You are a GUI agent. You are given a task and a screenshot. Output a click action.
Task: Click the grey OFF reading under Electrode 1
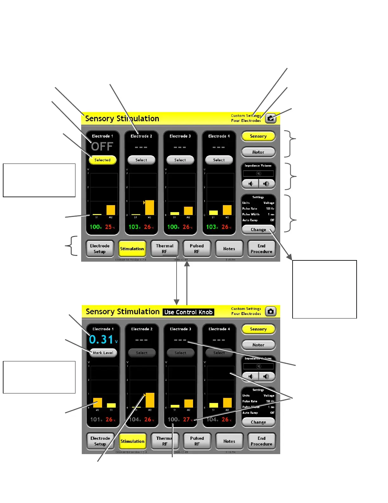coord(102,146)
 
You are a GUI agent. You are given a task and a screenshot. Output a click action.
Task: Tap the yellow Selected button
coord(102,160)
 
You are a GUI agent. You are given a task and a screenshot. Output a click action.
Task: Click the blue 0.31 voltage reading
coord(101,339)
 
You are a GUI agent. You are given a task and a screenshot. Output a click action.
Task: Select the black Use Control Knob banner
coord(188,312)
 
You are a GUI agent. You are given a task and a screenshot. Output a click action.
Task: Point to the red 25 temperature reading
coord(108,227)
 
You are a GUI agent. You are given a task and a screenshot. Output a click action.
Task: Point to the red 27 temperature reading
coord(186,419)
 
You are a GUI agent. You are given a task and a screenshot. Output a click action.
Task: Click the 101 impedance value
coord(95,419)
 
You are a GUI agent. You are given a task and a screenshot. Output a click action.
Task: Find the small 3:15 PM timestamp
coord(230,260)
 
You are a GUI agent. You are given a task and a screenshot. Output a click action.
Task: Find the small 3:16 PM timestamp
coord(230,452)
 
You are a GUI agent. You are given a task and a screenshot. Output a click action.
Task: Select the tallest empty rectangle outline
coord(324,289)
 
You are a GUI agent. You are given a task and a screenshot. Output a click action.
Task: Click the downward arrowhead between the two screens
coord(177,302)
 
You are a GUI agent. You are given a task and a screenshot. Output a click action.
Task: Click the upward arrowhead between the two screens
coord(187,264)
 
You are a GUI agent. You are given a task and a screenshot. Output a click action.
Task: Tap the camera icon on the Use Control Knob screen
coord(270,312)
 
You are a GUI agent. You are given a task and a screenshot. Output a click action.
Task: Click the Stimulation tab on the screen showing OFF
coord(132,249)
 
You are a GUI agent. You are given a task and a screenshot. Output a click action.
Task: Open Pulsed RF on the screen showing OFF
coord(197,249)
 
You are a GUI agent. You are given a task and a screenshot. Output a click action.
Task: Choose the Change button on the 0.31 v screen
coord(258,422)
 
